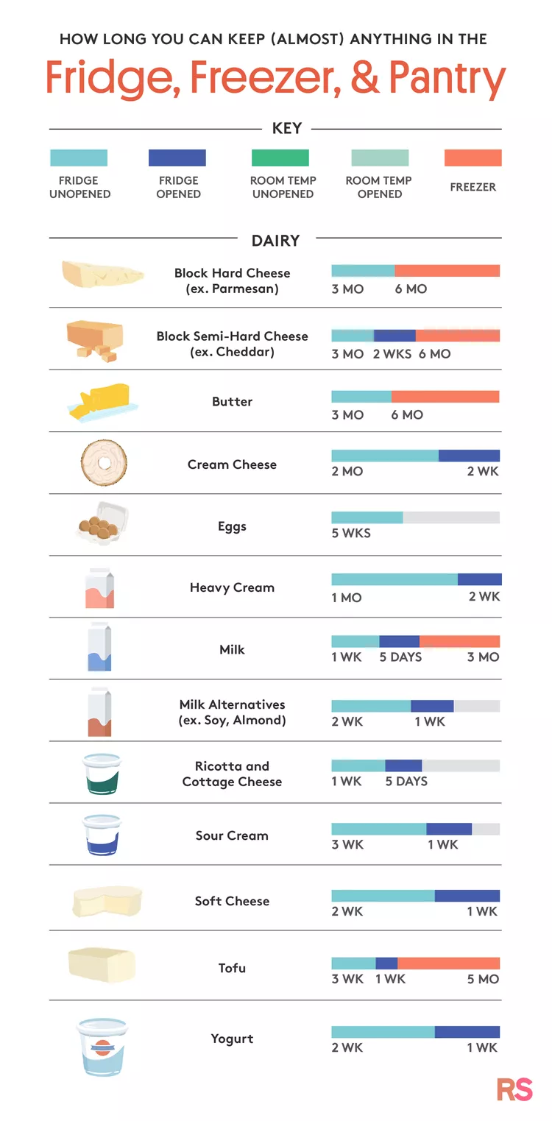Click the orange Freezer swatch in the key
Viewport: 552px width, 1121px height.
tap(473, 158)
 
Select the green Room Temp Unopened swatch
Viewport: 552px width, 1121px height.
tap(280, 158)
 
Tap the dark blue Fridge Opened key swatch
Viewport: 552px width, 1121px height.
tap(177, 158)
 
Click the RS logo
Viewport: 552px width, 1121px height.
tap(514, 1089)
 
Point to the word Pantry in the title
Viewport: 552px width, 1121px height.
tap(447, 78)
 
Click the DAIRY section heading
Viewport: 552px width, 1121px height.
tap(275, 241)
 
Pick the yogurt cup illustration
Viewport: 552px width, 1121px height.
tap(102, 1046)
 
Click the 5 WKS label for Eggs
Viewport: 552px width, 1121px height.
tap(351, 533)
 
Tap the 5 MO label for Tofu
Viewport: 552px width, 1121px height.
tap(483, 979)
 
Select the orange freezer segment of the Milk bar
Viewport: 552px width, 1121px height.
tap(459, 641)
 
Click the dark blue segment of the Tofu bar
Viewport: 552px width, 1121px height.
tap(386, 963)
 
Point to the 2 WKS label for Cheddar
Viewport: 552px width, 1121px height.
tap(392, 354)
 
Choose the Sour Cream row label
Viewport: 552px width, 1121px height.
tap(232, 835)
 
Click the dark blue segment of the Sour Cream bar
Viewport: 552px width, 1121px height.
tap(449, 829)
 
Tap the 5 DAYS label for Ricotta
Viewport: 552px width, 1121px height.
tap(406, 781)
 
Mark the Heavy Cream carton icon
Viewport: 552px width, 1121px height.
tap(99, 587)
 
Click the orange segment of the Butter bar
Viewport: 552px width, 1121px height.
tap(445, 397)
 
